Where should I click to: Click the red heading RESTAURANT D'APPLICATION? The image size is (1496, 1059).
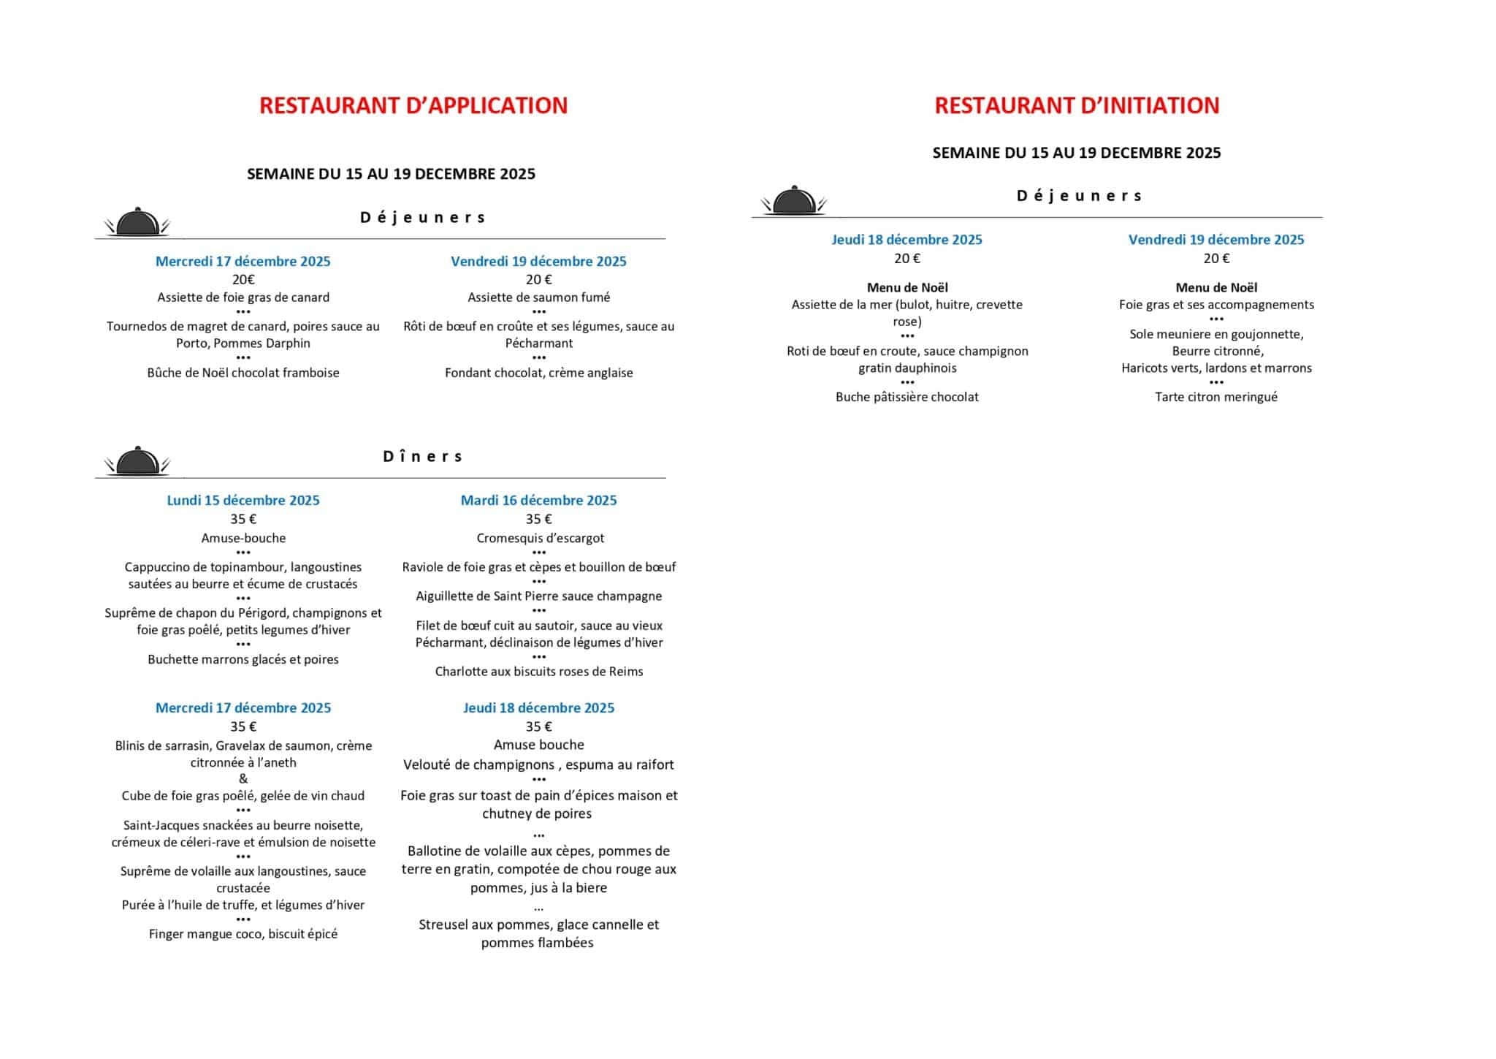413,106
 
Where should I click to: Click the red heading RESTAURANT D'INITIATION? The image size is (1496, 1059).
1077,106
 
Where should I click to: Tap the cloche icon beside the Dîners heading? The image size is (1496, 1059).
137,461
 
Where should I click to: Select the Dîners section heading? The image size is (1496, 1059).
423,457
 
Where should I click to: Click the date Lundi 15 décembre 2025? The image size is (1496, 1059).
243,501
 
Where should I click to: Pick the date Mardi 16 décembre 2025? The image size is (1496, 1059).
538,501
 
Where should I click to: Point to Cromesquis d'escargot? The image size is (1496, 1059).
540,538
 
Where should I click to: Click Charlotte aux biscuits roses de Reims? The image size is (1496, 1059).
539,672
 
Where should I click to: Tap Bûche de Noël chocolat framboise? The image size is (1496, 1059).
243,373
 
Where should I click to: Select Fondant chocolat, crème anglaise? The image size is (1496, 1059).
539,373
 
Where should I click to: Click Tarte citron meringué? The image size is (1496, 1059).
1216,397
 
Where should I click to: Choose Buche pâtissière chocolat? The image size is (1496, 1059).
907,397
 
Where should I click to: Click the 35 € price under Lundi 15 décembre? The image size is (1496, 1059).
243,520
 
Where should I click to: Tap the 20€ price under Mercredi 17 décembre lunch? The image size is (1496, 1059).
243,279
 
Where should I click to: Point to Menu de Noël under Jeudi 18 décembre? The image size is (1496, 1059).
907,288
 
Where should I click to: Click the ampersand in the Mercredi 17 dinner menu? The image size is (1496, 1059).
243,779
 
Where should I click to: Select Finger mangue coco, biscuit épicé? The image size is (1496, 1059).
243,934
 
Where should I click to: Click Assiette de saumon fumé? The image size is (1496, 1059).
539,297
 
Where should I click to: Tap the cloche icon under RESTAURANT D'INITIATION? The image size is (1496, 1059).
794,200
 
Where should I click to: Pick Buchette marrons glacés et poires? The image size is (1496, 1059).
243,659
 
